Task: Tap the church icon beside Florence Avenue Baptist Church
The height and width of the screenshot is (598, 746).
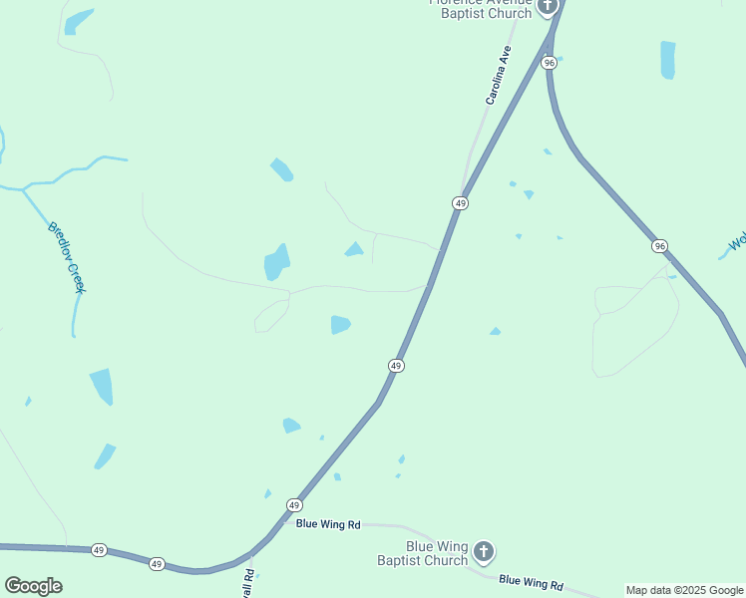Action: tap(547, 7)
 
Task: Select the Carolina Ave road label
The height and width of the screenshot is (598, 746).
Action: tap(498, 75)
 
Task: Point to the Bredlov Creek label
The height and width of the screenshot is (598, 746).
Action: tap(67, 256)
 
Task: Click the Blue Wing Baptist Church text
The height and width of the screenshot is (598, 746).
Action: tap(423, 553)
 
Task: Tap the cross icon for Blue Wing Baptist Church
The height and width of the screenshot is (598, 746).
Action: tap(483, 551)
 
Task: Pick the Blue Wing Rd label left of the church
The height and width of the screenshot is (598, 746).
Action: tap(327, 523)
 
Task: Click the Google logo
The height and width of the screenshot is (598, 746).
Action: tap(33, 586)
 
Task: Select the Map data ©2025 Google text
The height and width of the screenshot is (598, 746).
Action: tap(684, 590)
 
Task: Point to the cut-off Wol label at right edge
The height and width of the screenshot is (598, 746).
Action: tap(737, 242)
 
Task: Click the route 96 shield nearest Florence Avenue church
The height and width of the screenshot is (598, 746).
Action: tap(550, 63)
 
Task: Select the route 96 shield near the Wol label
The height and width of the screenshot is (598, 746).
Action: tap(659, 245)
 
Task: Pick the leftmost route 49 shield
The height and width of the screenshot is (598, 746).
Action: tap(99, 550)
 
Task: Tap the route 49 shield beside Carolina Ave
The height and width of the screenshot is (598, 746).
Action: tap(460, 203)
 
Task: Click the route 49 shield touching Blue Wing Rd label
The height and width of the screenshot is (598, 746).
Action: tap(293, 505)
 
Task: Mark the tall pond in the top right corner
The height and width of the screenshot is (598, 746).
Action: tap(667, 60)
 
